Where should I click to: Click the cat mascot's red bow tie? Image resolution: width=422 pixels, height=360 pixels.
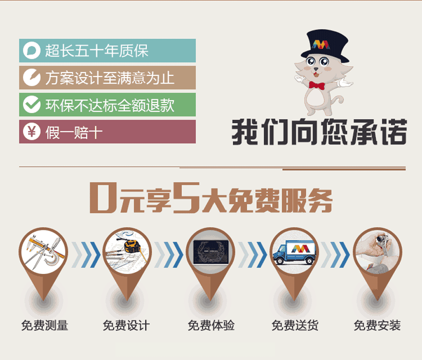coord(317,86)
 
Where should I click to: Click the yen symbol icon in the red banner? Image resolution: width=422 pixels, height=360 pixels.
coord(32,131)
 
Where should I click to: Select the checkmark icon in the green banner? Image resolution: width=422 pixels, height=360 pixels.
coord(32,104)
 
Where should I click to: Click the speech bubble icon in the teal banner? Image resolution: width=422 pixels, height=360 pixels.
coord(32,50)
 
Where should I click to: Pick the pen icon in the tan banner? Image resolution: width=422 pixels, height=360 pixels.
coord(32,78)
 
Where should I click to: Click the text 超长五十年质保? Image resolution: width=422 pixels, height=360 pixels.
coord(97,50)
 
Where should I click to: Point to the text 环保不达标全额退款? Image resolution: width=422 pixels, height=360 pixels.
coord(110,105)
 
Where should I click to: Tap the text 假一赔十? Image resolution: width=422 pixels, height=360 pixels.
coord(74,132)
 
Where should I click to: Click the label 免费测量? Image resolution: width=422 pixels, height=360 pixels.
coord(44,326)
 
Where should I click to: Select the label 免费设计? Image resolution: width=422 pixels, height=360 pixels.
coord(126,326)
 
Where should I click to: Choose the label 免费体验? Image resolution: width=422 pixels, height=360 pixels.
coord(211,326)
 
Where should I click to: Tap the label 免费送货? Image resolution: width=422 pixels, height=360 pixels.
coord(295,326)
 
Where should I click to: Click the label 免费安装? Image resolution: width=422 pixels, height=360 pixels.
coord(378,326)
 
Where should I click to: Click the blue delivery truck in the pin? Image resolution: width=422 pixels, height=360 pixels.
coord(294,252)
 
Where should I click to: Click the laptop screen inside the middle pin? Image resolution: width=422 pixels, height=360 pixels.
coord(211,252)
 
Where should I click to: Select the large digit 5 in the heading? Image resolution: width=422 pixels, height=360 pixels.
coord(186,198)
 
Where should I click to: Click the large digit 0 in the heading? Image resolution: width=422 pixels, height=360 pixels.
coord(103,198)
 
